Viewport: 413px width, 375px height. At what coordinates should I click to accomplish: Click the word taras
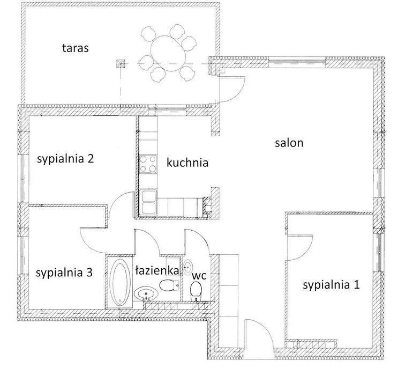(76, 48)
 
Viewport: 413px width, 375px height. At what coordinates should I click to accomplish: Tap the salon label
(289, 143)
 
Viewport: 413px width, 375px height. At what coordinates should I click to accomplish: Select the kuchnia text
(187, 163)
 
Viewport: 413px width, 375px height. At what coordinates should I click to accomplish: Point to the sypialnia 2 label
(65, 159)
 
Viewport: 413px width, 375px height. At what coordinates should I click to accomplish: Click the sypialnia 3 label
(64, 273)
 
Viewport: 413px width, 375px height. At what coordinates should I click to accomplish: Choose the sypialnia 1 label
(331, 285)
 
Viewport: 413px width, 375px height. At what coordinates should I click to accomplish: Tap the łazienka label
(157, 270)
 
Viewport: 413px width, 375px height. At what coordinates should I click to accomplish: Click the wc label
(199, 276)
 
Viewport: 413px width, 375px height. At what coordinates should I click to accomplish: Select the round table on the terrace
(168, 53)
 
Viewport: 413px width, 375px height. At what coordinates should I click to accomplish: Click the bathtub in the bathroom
(120, 282)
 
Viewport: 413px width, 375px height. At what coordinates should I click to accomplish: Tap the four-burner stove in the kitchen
(148, 164)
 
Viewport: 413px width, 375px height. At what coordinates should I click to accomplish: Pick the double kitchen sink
(149, 202)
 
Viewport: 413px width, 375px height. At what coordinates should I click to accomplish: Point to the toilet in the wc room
(196, 291)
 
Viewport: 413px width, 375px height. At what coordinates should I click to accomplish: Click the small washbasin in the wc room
(188, 267)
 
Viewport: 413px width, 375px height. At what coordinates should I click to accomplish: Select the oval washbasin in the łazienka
(146, 293)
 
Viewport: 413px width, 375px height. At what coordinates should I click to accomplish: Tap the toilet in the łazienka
(169, 285)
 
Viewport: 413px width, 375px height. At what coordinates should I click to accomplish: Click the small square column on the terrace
(121, 64)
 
